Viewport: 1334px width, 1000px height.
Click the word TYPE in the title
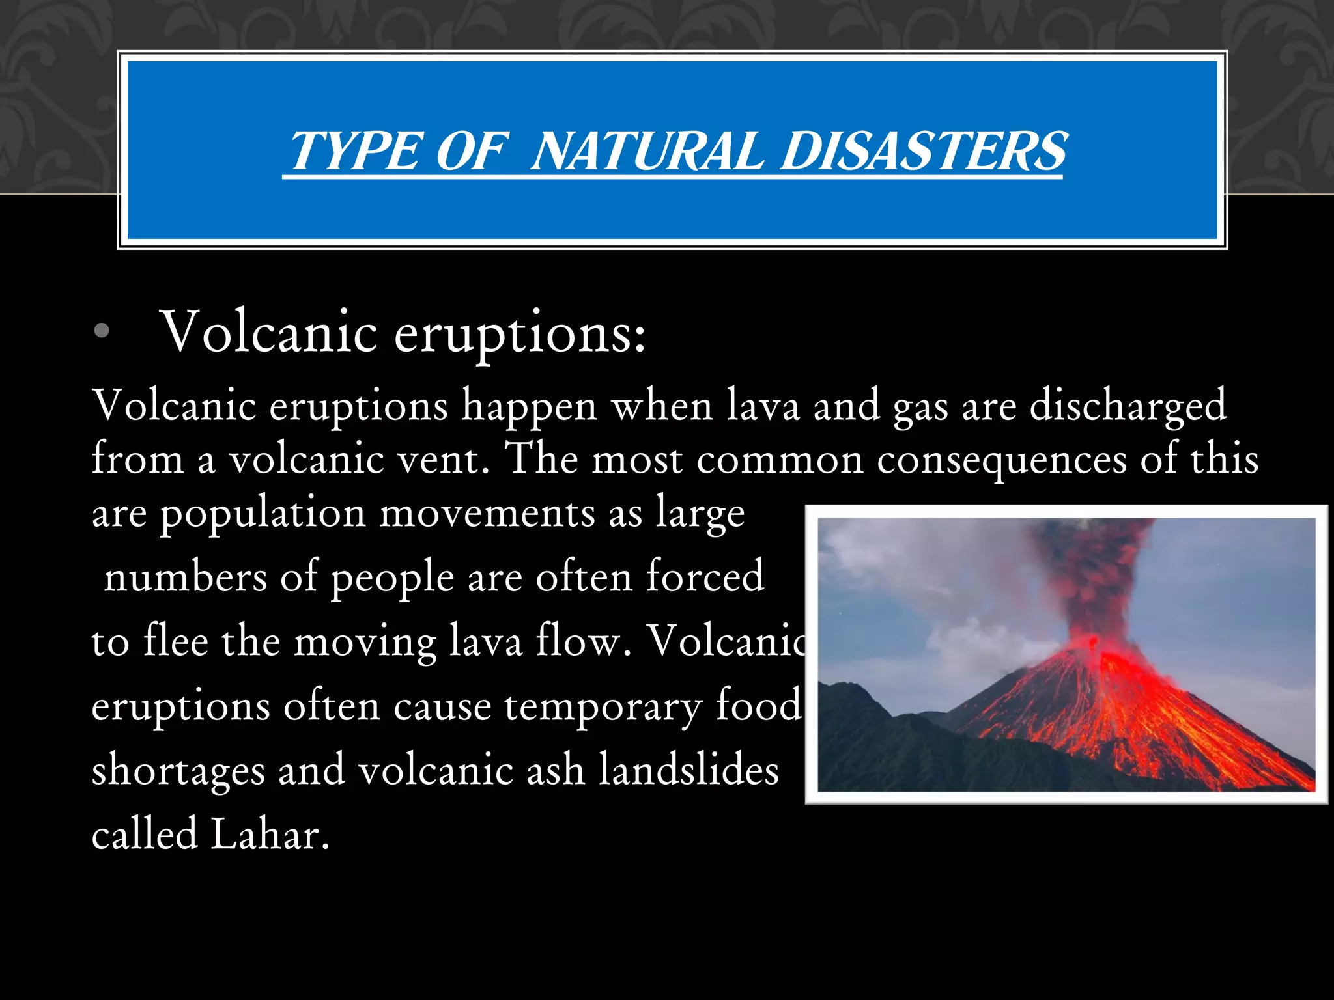(356, 151)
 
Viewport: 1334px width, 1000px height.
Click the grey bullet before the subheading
(102, 332)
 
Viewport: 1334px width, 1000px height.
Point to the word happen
(529, 407)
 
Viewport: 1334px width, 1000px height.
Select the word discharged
(1128, 407)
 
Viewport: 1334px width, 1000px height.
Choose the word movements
(487, 513)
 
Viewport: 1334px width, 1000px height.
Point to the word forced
(705, 576)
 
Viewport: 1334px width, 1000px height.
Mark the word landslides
(688, 770)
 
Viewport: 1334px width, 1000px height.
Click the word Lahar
(269, 835)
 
